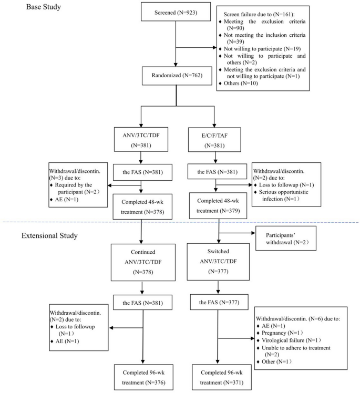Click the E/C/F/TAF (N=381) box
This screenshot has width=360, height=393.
pyautogui.click(x=219, y=140)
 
